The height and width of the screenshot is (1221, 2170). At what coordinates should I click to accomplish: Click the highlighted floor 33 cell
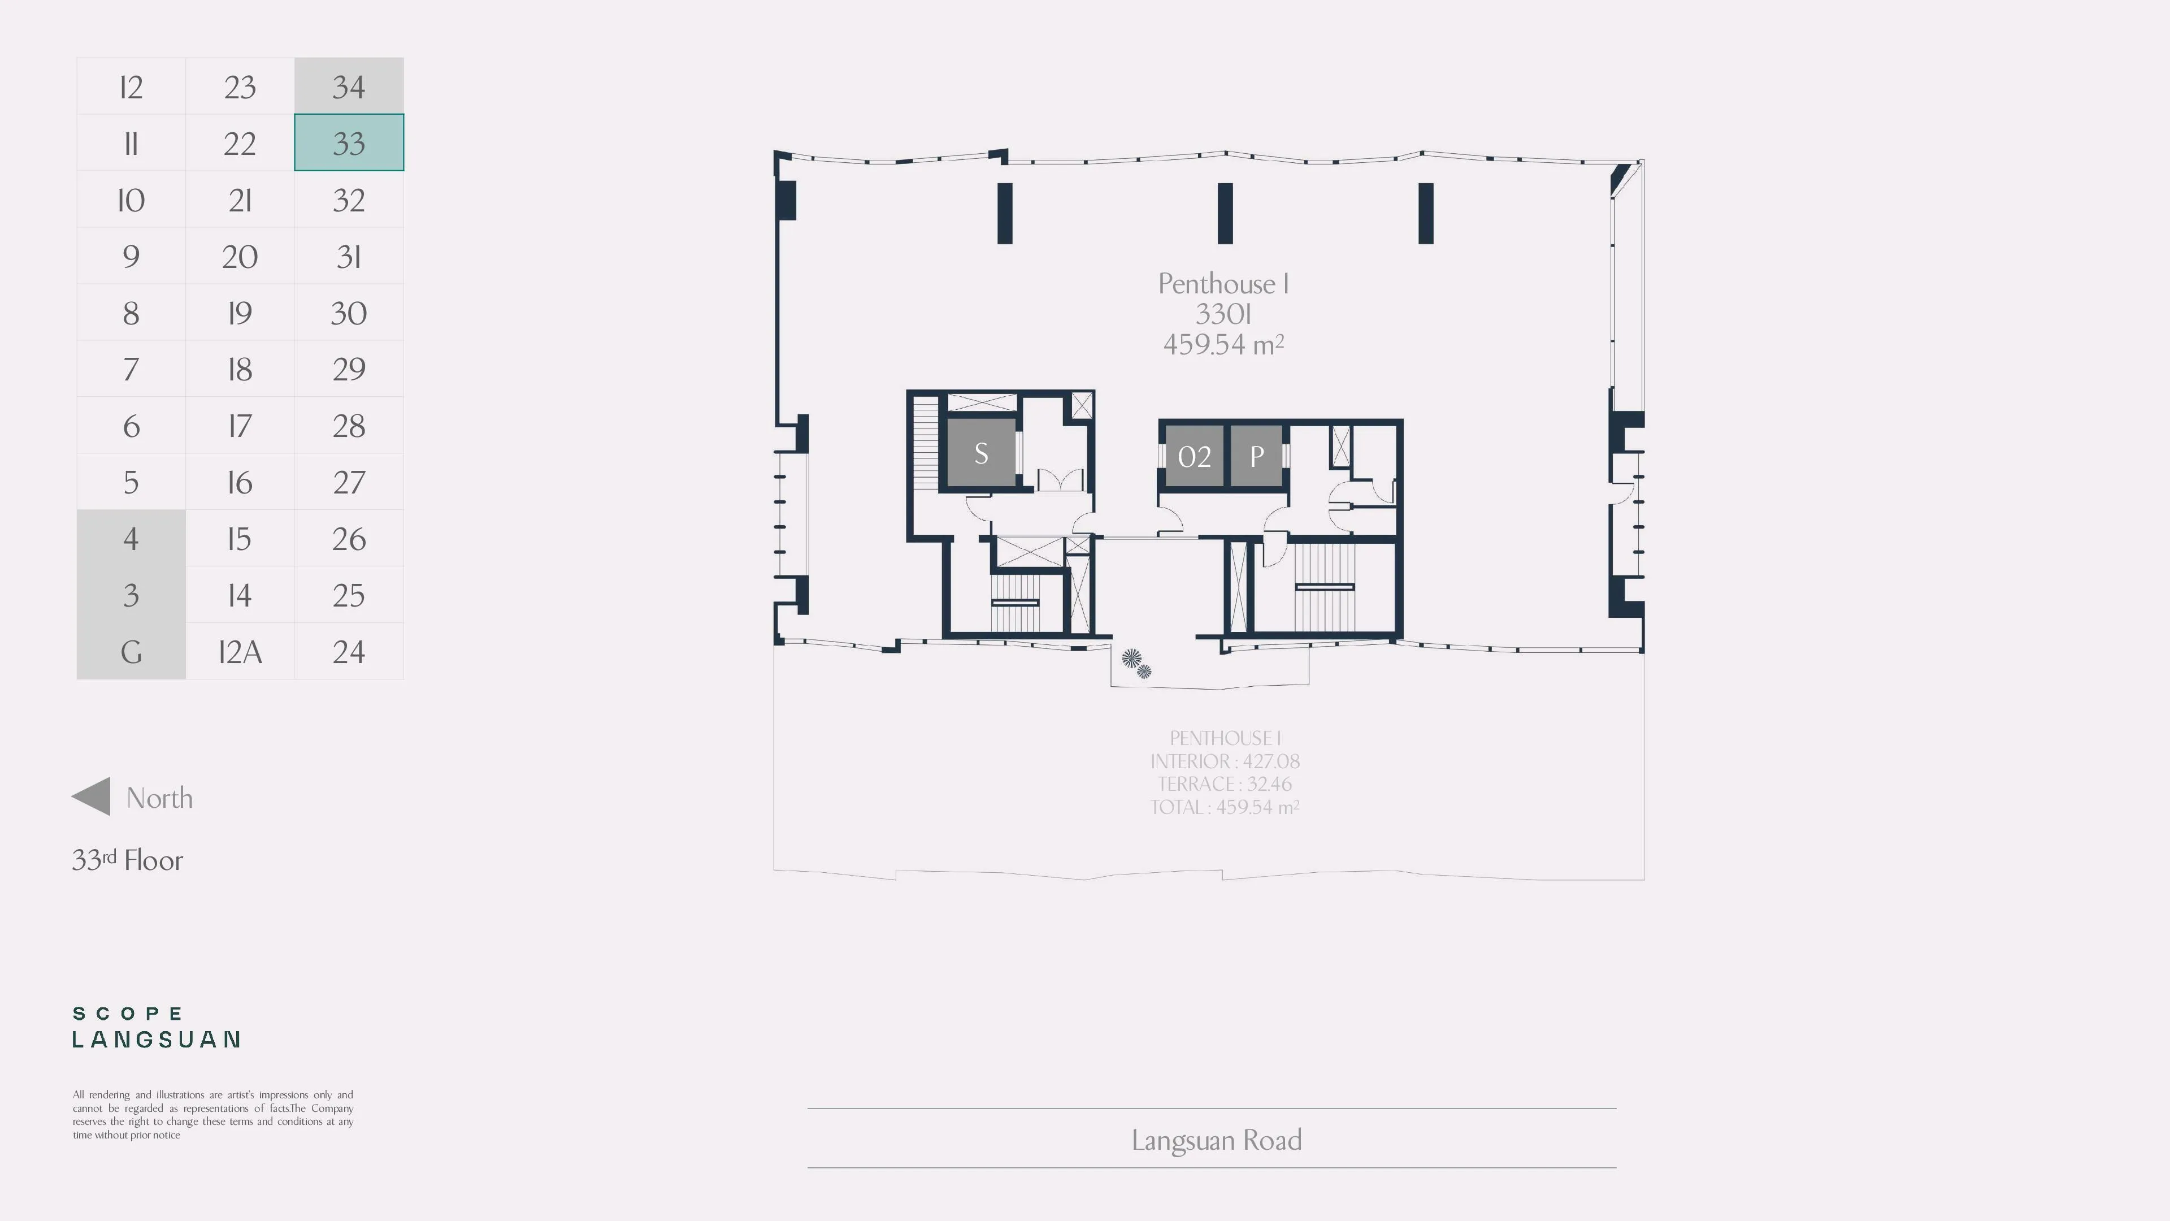[349, 142]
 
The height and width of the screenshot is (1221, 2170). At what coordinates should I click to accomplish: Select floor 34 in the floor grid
[349, 86]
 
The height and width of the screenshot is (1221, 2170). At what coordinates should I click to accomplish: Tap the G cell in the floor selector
[131, 651]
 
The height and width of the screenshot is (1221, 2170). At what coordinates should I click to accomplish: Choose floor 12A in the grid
[240, 651]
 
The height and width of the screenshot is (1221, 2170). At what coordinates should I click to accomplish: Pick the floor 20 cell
[240, 256]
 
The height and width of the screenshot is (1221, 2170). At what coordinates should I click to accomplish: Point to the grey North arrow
[91, 796]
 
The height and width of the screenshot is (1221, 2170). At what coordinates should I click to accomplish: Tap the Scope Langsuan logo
[157, 1027]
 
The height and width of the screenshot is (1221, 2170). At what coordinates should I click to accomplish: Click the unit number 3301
[1223, 314]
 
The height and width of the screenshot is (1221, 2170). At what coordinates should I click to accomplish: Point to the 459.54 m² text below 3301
[1223, 344]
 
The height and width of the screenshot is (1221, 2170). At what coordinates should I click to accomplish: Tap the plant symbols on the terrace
[1136, 663]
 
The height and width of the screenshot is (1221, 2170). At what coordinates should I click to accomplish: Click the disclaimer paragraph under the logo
[213, 1115]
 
